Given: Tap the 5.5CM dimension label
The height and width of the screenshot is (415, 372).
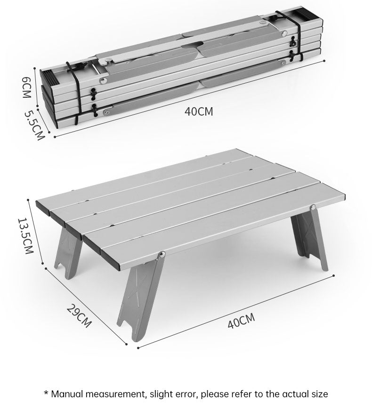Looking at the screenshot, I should (34, 125).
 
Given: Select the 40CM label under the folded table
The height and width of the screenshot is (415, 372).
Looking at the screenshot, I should (199, 112).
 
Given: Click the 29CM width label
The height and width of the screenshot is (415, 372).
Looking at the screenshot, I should (79, 316).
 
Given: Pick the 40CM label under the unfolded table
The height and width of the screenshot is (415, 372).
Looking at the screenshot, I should (241, 322).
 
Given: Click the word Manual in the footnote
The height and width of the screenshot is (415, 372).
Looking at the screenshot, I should (69, 394).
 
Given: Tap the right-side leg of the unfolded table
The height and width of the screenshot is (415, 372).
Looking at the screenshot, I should (309, 240).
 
